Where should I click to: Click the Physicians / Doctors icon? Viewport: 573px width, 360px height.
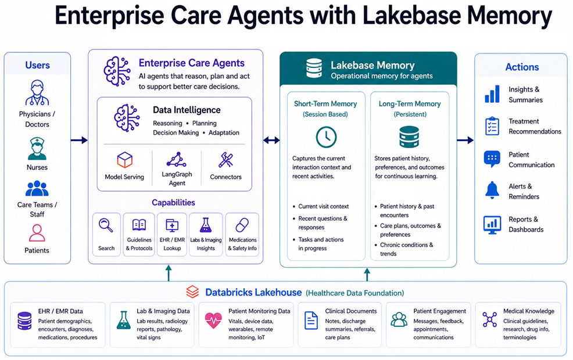click(37, 93)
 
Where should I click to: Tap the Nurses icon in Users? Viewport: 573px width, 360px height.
click(37, 149)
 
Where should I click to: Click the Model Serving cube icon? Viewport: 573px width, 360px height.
click(125, 160)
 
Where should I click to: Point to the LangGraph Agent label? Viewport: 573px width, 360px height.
click(177, 178)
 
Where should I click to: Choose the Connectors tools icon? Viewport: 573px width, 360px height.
click(225, 160)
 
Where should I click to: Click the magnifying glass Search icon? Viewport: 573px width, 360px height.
click(106, 225)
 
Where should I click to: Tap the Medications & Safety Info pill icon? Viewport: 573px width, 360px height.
click(242, 225)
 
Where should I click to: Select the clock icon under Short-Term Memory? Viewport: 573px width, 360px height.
click(326, 137)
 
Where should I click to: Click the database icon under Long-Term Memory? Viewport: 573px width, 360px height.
click(409, 137)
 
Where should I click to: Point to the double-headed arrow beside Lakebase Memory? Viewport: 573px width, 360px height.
click(271, 140)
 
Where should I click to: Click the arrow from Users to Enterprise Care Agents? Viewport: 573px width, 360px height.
click(79, 140)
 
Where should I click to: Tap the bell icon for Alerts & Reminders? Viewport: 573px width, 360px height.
click(492, 190)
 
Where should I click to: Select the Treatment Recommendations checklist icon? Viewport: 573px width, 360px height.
click(492, 126)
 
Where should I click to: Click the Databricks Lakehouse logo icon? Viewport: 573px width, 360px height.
click(192, 292)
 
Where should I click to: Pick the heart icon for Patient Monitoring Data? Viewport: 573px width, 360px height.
click(213, 320)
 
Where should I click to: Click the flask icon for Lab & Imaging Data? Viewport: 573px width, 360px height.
click(123, 320)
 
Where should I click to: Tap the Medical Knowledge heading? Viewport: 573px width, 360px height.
click(528, 311)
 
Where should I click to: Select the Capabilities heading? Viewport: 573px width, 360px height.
click(173, 203)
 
